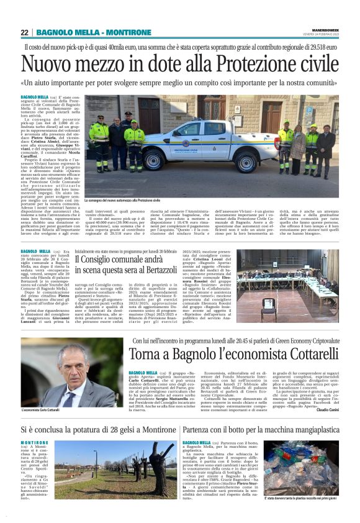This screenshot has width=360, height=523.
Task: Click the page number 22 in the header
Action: coord(25,32)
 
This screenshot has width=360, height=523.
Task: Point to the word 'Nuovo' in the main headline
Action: coord(48,64)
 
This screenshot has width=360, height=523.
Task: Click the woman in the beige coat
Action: coord(299,145)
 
